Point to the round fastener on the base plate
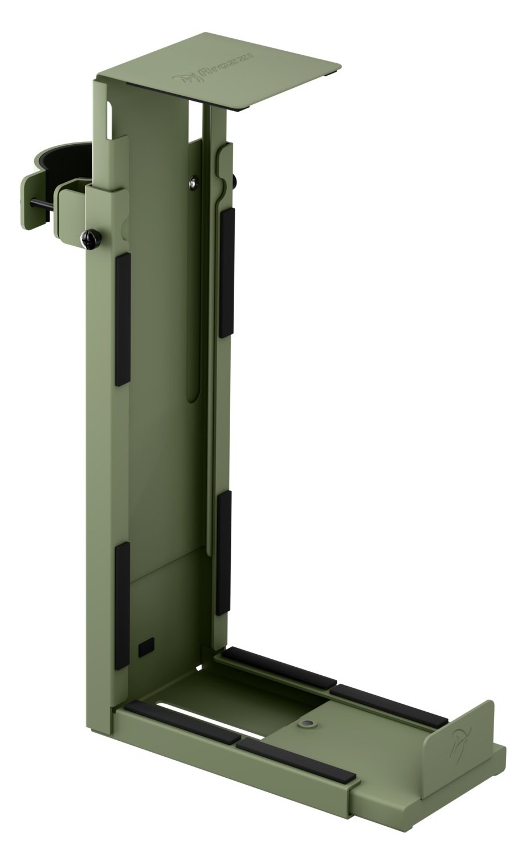pos(308,722)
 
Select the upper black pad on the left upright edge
pos(123,319)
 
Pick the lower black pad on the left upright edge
pos(122,606)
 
